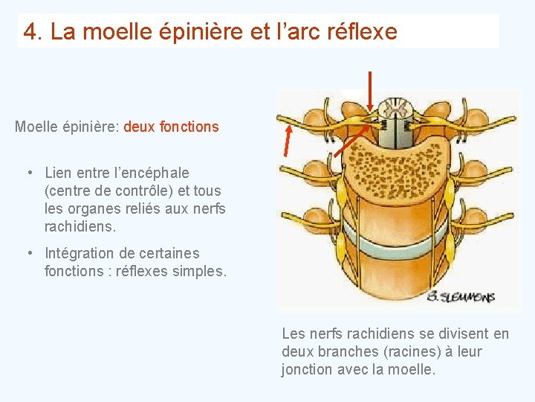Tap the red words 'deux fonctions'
[171, 127]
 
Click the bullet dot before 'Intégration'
[28, 254]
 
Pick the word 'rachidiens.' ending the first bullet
[80, 226]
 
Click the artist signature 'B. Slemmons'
[461, 297]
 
